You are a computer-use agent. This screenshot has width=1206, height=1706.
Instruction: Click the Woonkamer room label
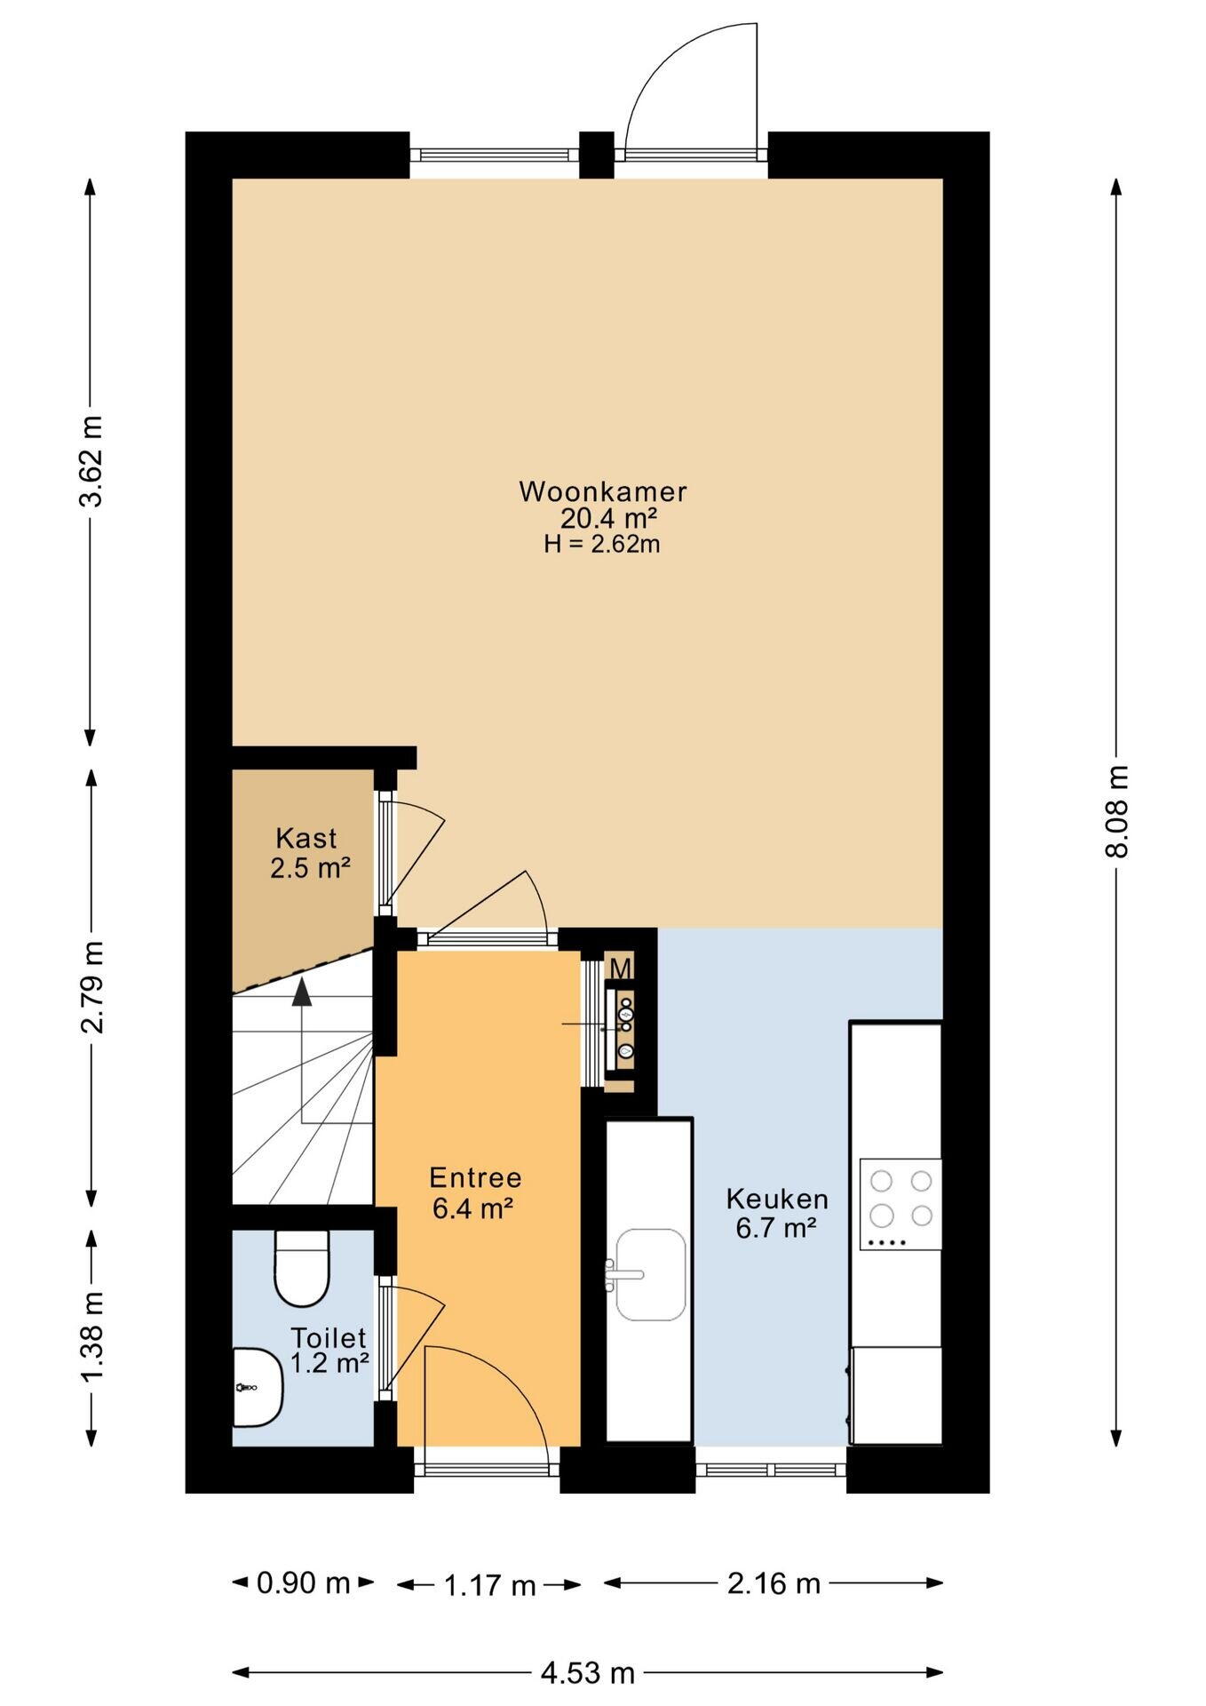coord(603,491)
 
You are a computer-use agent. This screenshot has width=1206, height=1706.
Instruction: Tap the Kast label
coord(306,838)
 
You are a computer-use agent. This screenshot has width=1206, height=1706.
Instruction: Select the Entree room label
coord(475,1177)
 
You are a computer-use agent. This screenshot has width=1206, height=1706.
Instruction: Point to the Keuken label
coord(777,1199)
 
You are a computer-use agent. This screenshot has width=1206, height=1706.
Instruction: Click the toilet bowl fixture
coord(302,1268)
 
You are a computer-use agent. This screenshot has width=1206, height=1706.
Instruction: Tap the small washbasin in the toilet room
coord(258,1387)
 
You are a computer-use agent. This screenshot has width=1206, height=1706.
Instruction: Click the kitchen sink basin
coord(651,1275)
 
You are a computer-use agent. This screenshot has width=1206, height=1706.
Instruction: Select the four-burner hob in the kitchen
coord(901,1204)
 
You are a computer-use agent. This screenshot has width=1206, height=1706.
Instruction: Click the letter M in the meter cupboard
coord(621,969)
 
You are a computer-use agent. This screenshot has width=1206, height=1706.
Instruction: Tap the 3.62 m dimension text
coord(91,461)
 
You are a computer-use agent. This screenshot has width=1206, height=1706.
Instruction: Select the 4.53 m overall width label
coord(588,1673)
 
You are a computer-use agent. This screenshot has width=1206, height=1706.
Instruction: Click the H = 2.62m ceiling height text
coord(602,544)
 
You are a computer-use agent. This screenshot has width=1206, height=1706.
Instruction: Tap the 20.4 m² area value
coord(608,518)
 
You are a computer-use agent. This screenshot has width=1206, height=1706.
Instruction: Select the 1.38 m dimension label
coord(92,1337)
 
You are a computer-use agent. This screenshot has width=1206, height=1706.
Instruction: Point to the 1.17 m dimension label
coord(489,1585)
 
